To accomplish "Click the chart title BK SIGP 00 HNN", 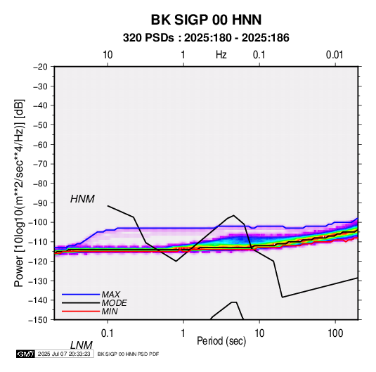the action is pos(206,20).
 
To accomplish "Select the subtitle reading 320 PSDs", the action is pos(148,38).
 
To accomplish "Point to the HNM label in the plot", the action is pos(82,199).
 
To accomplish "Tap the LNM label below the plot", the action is pos(82,345).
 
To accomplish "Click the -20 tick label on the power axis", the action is pos(40,67).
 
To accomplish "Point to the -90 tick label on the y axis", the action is pos(40,203).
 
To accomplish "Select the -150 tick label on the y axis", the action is pos(38,320).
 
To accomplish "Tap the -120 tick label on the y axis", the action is pos(38,262).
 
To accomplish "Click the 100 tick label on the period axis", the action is pos(335,333).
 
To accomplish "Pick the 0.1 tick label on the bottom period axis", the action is pos(108,333).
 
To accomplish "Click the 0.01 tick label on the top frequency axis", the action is pos(335,55).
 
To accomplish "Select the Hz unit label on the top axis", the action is pos(221,55).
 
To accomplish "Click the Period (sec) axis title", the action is pos(221,341).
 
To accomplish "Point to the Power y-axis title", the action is pos(19,193).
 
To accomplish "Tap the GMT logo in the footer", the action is pos(26,354).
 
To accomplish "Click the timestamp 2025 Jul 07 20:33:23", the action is pos(64,354).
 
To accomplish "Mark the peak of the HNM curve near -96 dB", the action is pos(233,215).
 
